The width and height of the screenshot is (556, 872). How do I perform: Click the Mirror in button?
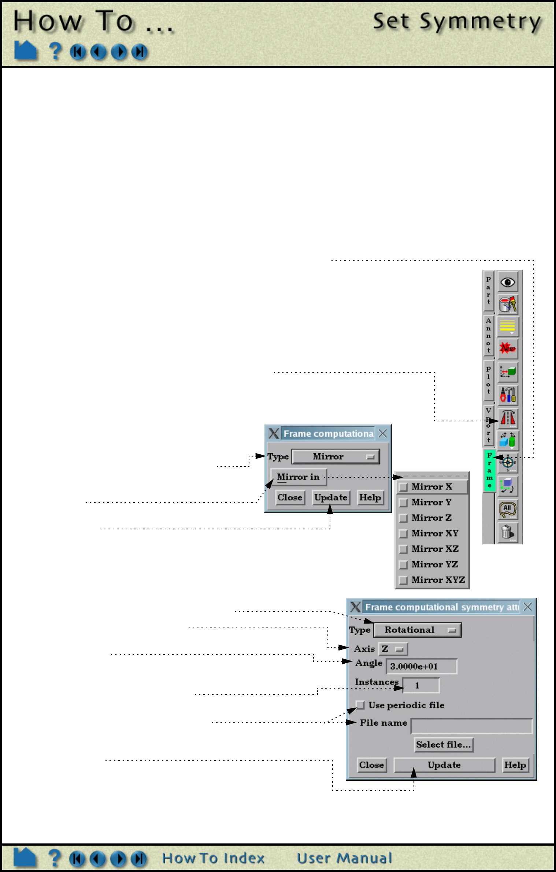298,477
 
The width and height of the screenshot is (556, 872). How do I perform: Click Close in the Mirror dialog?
290,498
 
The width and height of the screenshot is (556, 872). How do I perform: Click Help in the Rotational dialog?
515,765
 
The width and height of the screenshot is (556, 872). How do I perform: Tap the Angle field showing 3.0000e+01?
421,666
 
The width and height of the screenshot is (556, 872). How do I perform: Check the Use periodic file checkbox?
360,705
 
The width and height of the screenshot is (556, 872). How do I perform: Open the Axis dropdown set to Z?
393,649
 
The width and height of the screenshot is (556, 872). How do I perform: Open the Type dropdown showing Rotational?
417,630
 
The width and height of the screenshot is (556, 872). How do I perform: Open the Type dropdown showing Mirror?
336,457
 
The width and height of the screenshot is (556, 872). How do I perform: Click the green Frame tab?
489,470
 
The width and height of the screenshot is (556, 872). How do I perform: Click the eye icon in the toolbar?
508,282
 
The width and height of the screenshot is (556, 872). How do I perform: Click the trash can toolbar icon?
508,532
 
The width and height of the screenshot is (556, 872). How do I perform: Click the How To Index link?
213,858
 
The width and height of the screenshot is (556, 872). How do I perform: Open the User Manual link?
344,858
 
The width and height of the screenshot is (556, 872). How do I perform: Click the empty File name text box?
471,726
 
